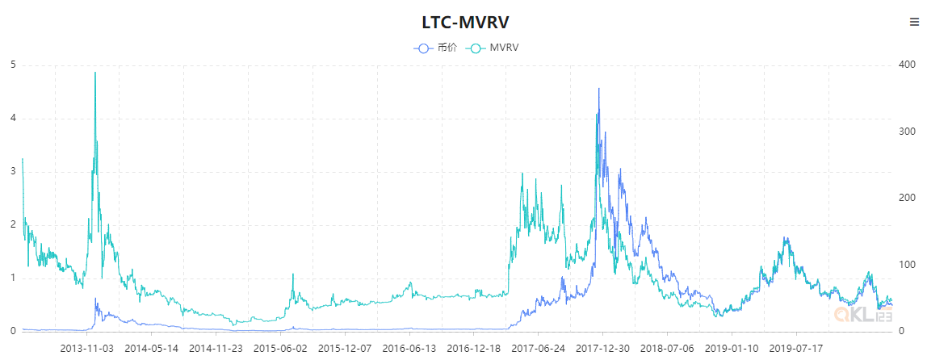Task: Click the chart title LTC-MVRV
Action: [x=463, y=22]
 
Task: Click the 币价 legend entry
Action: [x=436, y=48]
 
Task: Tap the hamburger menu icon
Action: [x=914, y=23]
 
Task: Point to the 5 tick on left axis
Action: [x=12, y=65]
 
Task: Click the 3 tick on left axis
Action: [x=12, y=172]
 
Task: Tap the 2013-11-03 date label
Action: [x=86, y=349]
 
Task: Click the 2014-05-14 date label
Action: [x=151, y=349]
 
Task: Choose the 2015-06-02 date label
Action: [x=280, y=349]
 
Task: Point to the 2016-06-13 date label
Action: [x=409, y=349]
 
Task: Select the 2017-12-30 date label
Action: [x=602, y=349]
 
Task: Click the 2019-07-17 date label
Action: [x=795, y=349]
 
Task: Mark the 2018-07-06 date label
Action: [x=667, y=349]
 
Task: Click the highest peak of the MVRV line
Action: [x=95, y=73]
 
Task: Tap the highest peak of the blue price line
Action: [x=598, y=89]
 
